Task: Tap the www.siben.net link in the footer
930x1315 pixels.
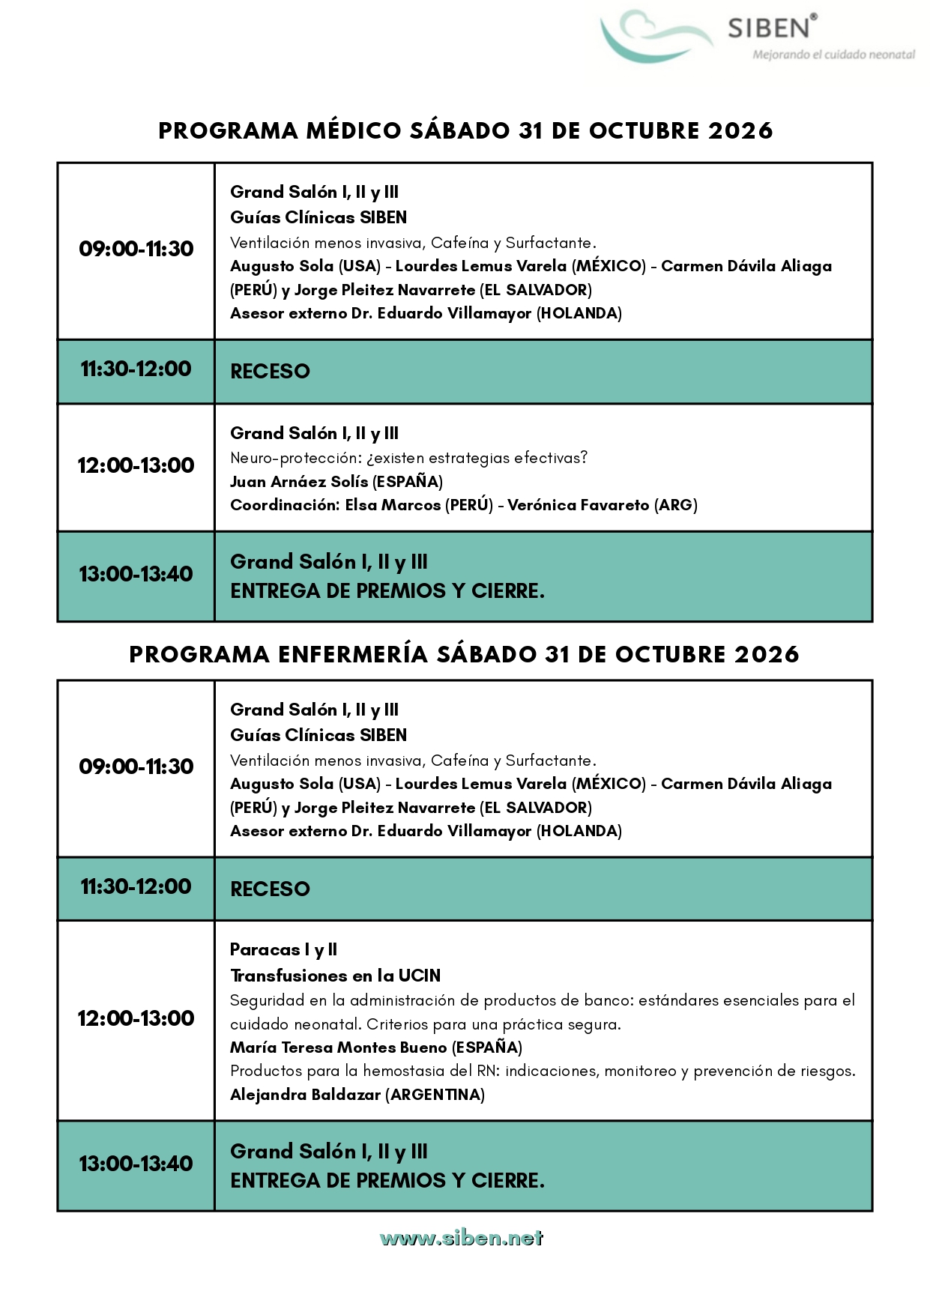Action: point(461,1238)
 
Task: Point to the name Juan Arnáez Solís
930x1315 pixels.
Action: point(299,481)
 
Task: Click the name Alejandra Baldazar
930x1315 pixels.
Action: point(306,1095)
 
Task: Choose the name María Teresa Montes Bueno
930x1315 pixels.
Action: point(338,1048)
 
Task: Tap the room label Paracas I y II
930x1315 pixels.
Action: point(283,949)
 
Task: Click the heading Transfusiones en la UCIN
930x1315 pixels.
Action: point(335,976)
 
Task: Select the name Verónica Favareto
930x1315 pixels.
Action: point(578,505)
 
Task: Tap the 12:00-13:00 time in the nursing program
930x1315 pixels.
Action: point(136,1018)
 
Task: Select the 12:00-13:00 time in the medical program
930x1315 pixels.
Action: point(136,465)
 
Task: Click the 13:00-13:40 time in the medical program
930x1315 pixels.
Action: point(136,574)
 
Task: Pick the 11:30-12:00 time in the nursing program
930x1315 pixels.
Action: point(136,886)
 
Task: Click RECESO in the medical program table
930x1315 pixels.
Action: point(270,371)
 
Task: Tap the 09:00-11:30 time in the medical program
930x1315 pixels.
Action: point(136,249)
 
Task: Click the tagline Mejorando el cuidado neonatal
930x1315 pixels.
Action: point(833,55)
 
